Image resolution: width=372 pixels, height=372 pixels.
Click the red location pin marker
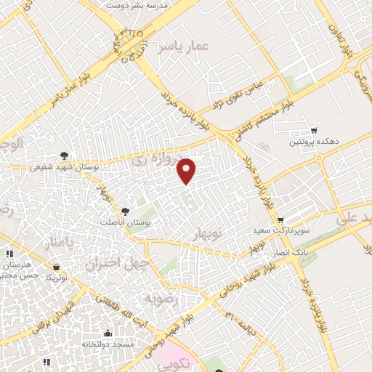point(187,170)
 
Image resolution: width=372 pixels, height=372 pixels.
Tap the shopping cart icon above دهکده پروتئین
point(313,131)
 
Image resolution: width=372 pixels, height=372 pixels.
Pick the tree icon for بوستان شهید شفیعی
point(64,155)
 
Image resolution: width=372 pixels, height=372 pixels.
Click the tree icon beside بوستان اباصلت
point(126,211)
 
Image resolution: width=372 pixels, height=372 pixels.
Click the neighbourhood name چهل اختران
point(116,262)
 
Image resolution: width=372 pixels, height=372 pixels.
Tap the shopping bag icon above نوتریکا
point(50,267)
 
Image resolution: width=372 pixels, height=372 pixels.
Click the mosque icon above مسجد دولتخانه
point(108,331)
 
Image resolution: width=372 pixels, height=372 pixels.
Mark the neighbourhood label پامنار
point(58,242)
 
